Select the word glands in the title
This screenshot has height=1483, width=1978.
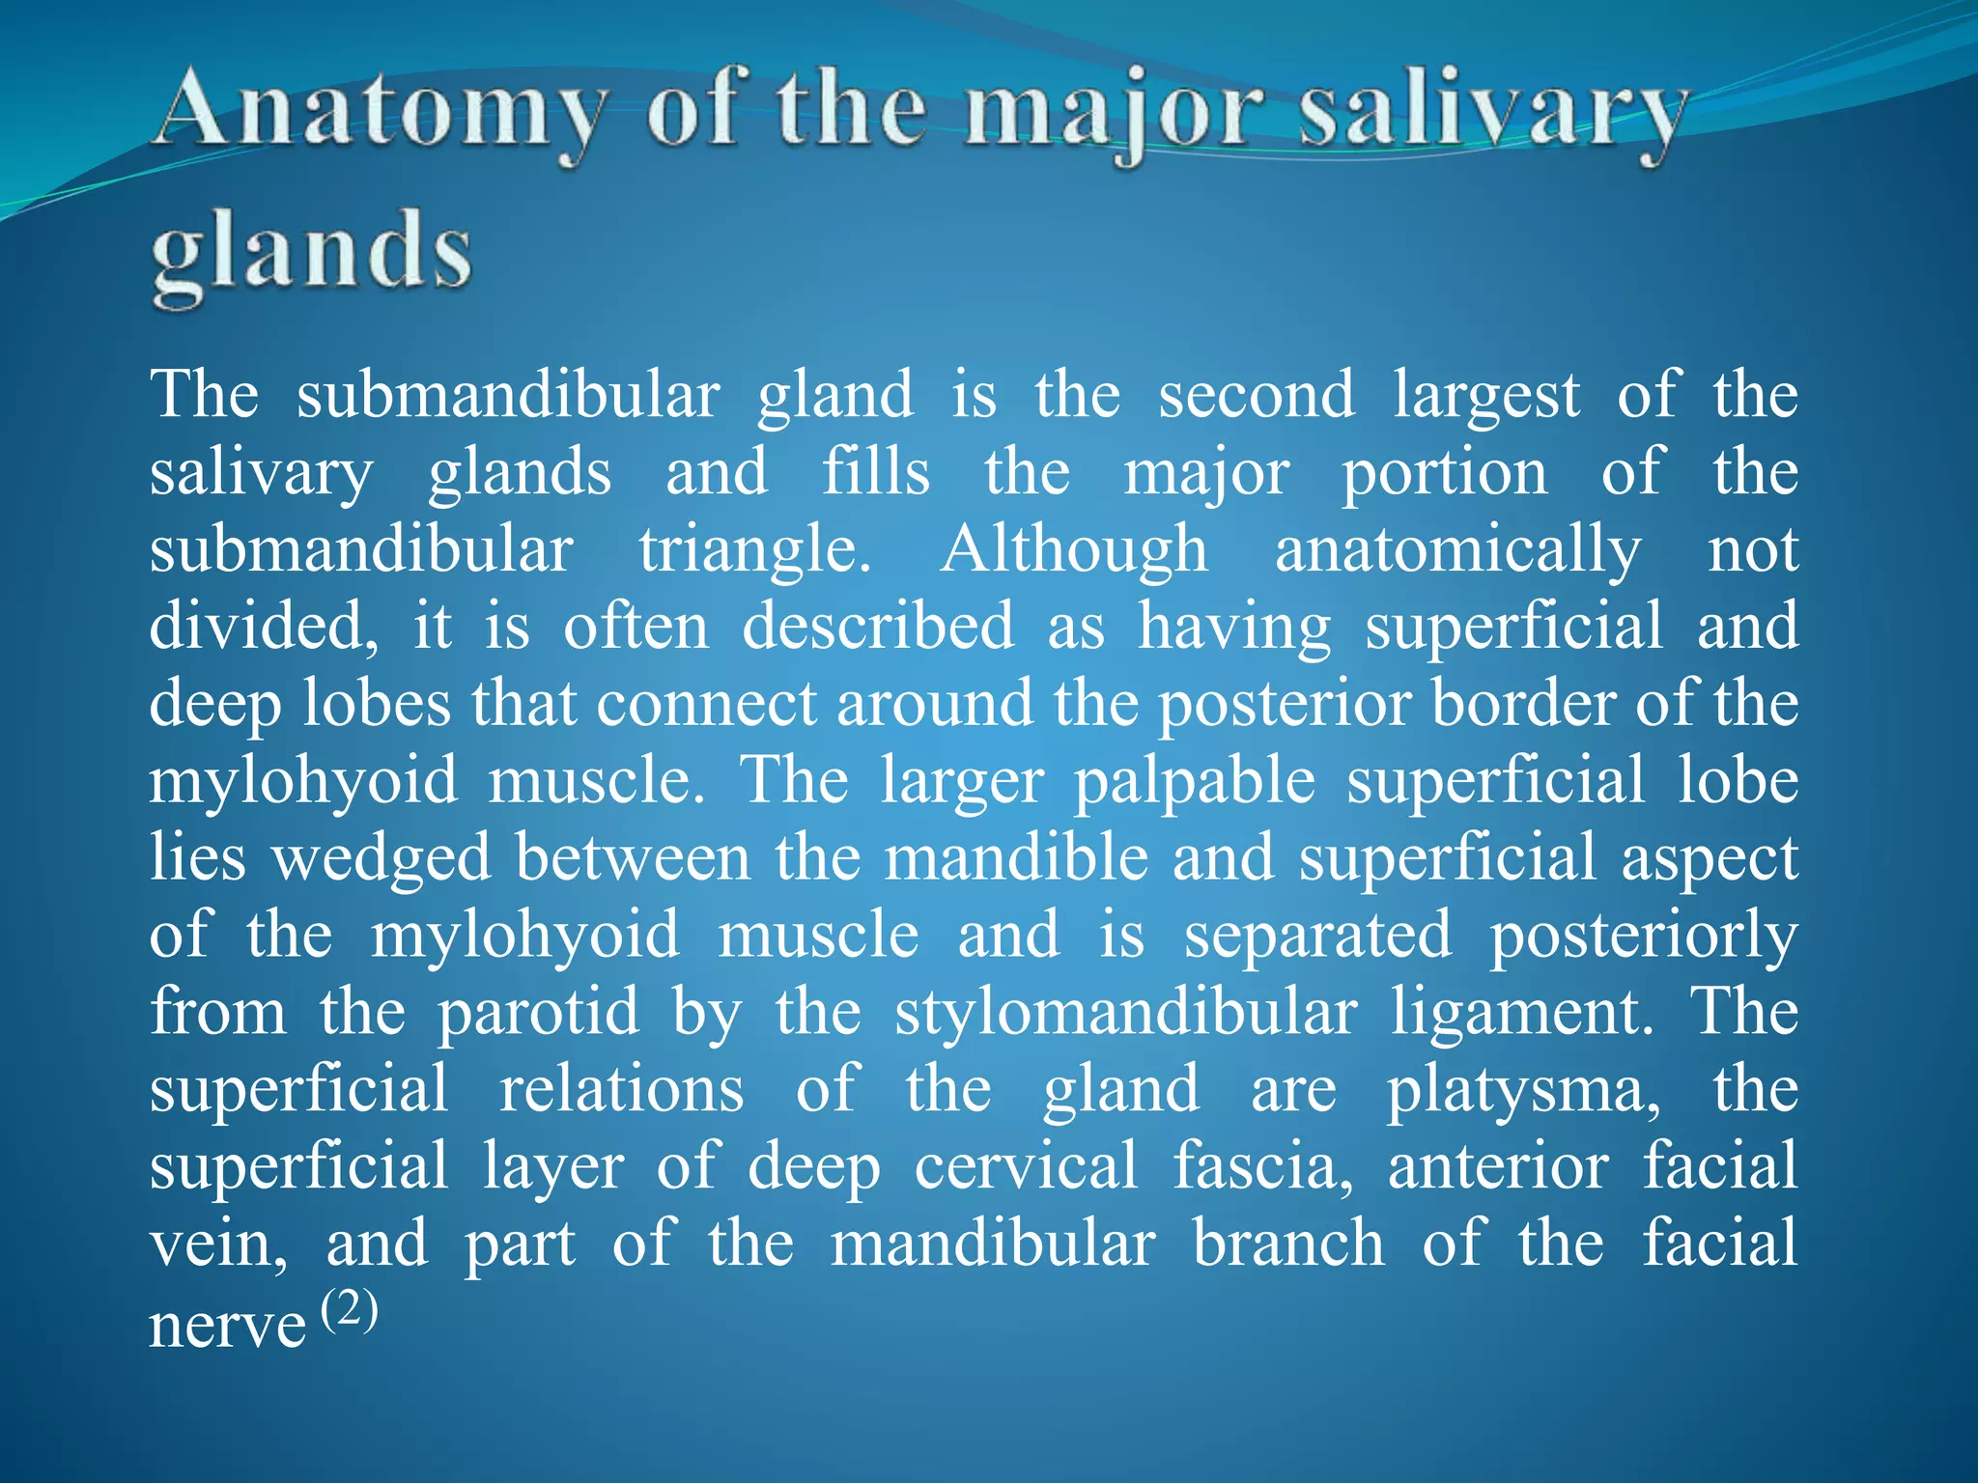pos(311,253)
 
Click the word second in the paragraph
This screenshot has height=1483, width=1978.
pos(1257,395)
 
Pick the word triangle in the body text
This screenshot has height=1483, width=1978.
pos(754,551)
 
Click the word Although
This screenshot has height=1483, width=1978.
pos(1074,549)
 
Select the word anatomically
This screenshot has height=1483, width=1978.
pos(1457,551)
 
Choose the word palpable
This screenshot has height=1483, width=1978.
pos(1195,781)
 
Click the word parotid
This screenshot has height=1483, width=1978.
pos(539,1013)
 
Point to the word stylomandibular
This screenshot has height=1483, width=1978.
pos(1125,1013)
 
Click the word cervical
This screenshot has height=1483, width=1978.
pos(1026,1166)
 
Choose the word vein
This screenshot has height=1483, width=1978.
pos(217,1245)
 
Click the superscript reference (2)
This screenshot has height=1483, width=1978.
pos(349,1310)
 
